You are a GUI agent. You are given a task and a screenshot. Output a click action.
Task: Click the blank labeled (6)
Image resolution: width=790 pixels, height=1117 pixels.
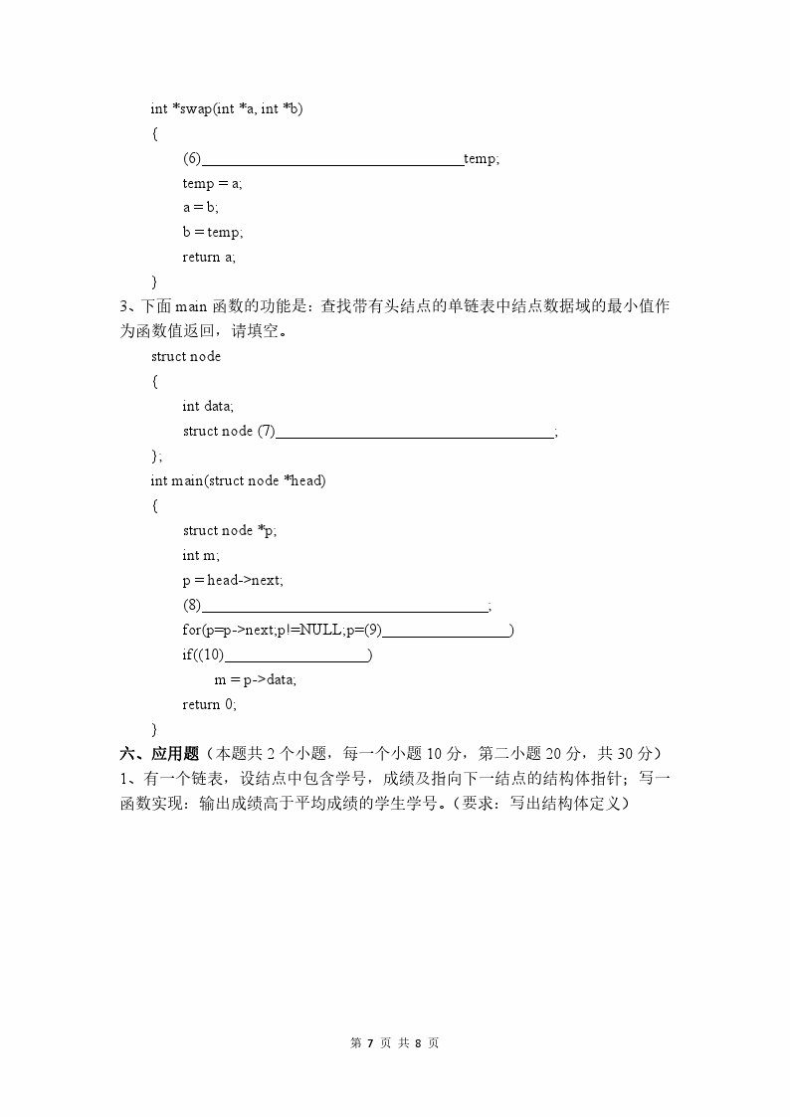coord(333,159)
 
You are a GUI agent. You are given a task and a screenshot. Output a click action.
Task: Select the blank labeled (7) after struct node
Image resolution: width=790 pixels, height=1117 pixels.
coord(415,432)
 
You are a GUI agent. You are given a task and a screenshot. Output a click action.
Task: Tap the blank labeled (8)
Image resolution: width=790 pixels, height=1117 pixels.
coord(345,606)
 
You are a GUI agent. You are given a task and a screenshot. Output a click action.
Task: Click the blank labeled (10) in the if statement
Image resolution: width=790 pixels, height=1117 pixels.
coord(297,655)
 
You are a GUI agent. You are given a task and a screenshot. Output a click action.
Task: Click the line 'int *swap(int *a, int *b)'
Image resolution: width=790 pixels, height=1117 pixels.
coord(227,108)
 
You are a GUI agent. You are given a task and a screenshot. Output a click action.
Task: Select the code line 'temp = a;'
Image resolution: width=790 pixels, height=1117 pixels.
coord(212,183)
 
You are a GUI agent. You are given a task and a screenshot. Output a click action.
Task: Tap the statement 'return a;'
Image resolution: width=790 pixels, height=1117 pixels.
coord(209,257)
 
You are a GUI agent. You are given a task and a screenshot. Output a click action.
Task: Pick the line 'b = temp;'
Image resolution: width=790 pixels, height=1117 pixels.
coord(212,232)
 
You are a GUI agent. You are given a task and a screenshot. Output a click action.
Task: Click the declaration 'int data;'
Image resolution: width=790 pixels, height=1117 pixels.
coord(208,406)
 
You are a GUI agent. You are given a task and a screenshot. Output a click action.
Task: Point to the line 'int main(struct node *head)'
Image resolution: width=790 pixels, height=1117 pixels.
coord(238,480)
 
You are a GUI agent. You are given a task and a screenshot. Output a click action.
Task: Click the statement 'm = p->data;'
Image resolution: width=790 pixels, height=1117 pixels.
coord(255,679)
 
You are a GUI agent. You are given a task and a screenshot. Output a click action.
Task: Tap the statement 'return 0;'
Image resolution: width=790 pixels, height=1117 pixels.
coord(209,704)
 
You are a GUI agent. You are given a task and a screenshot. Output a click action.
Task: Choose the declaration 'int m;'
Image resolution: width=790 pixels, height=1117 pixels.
coord(201,555)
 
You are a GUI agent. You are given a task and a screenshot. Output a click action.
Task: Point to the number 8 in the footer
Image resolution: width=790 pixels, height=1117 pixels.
coord(419,1043)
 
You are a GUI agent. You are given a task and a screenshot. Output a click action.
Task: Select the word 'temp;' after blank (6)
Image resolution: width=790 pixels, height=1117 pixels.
coord(482,159)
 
